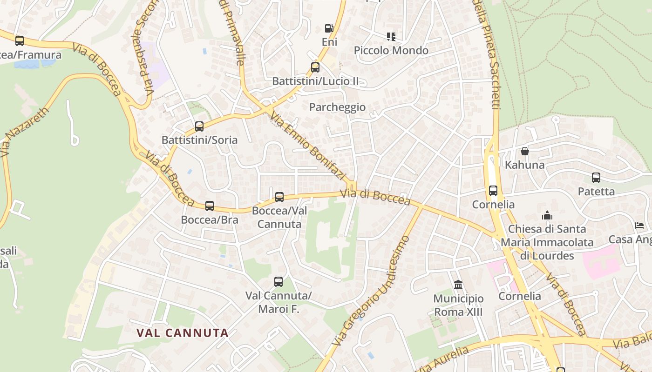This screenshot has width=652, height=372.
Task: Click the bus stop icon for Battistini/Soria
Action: coord(199,126)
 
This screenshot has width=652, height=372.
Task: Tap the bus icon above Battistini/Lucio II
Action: coord(315,67)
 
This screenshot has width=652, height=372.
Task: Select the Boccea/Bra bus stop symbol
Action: coord(210,206)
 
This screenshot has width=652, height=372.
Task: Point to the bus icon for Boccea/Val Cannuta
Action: coord(279,197)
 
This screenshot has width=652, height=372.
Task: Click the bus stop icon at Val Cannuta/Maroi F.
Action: coord(278,282)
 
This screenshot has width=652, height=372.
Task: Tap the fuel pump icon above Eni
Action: coord(329,28)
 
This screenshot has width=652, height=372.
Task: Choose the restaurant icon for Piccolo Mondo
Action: coord(391,36)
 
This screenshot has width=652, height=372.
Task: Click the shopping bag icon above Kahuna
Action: coord(525,151)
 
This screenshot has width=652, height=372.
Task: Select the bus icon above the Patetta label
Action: coord(596,178)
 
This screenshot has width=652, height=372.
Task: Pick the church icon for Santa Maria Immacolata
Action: coord(547,215)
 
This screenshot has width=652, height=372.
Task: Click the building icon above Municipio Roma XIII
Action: coord(458,285)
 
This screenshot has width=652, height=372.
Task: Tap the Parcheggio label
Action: coord(338,107)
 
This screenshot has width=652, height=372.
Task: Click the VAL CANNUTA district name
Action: coord(183,333)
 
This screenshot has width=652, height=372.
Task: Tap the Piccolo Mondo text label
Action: coord(391,50)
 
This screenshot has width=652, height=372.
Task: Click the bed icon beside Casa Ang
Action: coord(639,226)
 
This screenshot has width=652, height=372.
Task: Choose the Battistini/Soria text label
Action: coord(199,140)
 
